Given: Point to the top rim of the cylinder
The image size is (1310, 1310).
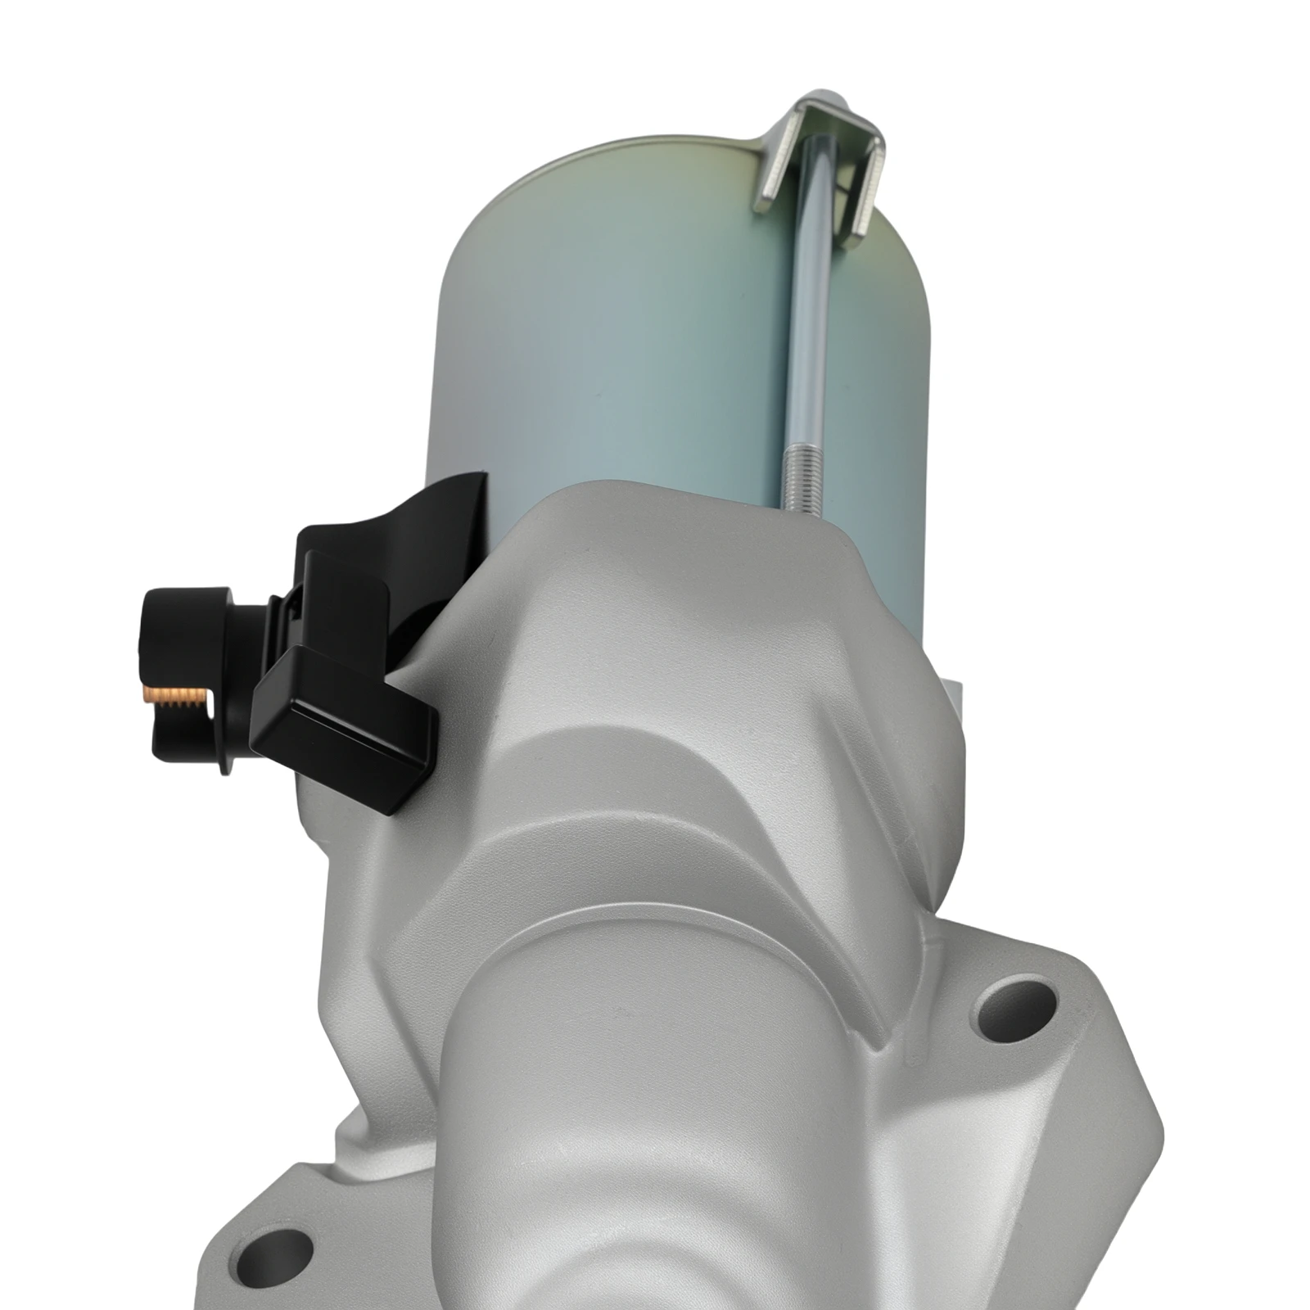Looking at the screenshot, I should [x=622, y=160].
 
